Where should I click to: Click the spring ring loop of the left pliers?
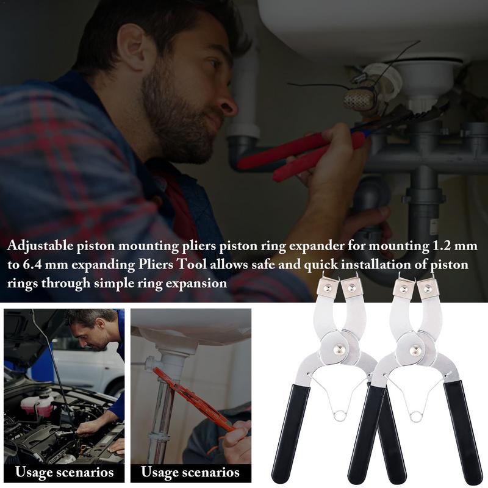click(x=339, y=415)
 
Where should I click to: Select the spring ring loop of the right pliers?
click(x=416, y=416)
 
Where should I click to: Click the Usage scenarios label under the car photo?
click(x=64, y=472)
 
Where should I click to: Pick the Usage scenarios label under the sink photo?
click(x=190, y=472)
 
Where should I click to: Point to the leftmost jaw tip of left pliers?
click(x=328, y=287)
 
